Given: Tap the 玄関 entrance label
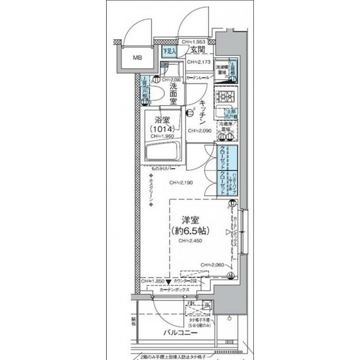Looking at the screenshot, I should tap(197, 50).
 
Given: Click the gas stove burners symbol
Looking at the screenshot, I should tap(227, 97).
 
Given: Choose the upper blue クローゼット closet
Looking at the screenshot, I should tap(222, 157).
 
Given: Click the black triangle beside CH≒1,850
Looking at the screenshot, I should tap(168, 282).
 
